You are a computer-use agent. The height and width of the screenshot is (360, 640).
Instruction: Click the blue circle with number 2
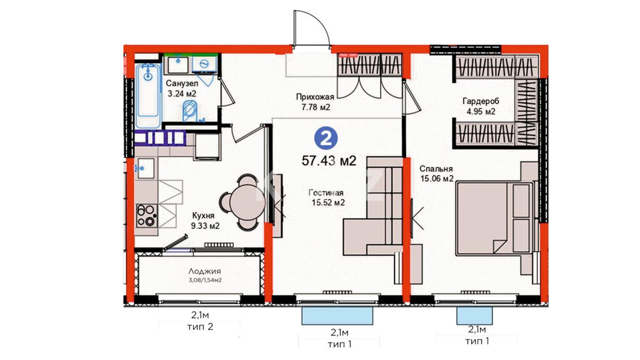326,138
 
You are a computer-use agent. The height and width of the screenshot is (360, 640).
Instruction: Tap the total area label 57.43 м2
329,161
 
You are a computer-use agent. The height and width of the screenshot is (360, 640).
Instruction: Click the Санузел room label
182,83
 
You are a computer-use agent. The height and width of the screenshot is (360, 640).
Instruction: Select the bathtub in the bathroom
148,96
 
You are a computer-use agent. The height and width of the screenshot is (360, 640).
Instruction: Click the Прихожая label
315,97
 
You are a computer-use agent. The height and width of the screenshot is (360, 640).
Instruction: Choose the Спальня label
436,169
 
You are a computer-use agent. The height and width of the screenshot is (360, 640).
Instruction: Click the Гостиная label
326,193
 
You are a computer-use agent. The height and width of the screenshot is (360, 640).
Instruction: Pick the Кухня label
203,216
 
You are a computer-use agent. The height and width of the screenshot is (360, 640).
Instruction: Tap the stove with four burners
147,216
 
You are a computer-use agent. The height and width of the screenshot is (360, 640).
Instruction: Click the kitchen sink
145,168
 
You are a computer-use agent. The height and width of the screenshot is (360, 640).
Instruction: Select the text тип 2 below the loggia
200,327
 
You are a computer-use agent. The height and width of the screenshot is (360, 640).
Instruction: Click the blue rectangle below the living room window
337,316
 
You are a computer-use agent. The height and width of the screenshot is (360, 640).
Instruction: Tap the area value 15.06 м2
437,179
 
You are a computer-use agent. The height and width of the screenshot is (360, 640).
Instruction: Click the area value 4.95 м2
481,112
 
